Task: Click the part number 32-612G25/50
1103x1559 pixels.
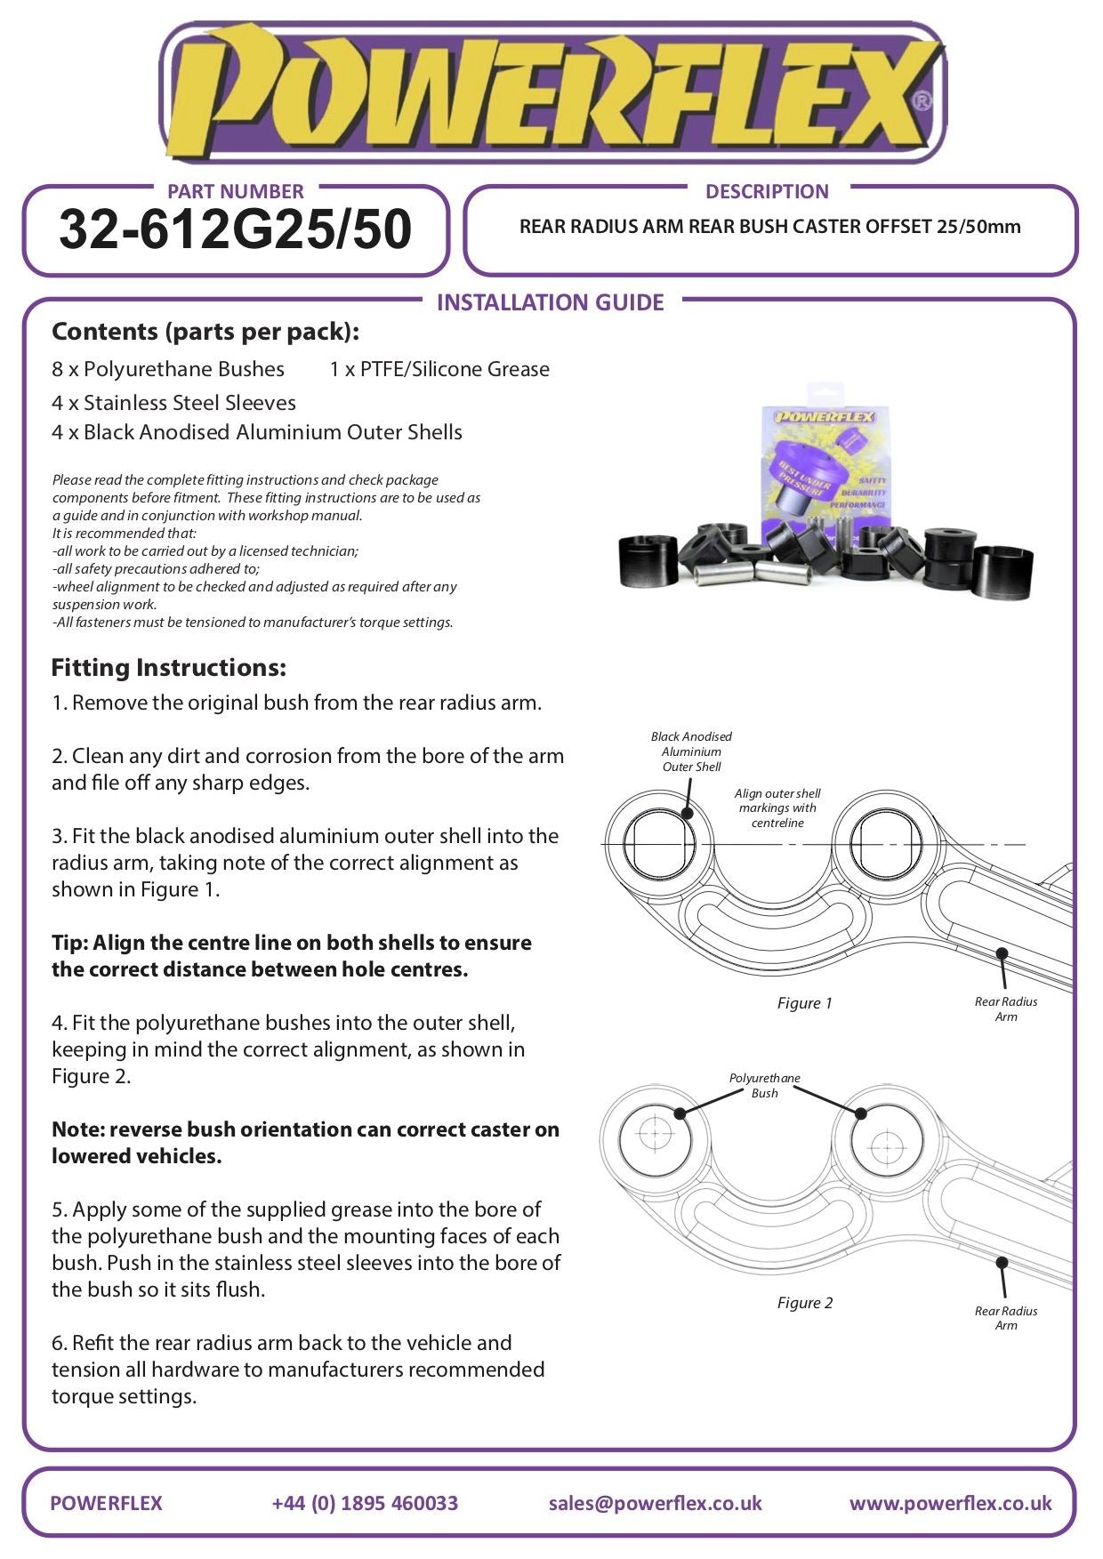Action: [x=235, y=229]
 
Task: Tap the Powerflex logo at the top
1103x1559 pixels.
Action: [x=551, y=93]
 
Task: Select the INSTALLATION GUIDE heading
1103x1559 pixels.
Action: [x=550, y=302]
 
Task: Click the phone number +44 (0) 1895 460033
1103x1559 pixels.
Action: [x=365, y=1503]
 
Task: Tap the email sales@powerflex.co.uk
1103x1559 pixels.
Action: [x=655, y=1503]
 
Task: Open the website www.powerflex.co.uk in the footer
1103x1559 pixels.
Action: [x=950, y=1503]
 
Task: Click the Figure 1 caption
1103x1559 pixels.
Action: [x=804, y=1003]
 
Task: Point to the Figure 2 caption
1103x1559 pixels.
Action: [x=804, y=1303]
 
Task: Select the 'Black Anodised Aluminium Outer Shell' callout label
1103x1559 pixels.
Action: [x=691, y=751]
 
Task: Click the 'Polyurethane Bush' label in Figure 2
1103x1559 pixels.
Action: [x=764, y=1085]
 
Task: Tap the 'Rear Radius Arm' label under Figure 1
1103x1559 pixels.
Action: [x=1006, y=1009]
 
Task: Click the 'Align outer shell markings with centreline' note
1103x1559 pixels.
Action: [x=777, y=808]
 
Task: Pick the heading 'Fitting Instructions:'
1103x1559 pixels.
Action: [x=168, y=668]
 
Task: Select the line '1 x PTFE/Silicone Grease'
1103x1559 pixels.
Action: [x=439, y=369]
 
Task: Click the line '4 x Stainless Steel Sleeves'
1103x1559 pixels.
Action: [x=173, y=403]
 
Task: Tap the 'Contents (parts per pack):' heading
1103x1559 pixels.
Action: [x=205, y=332]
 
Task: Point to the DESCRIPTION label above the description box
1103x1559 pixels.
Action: [x=766, y=191]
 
